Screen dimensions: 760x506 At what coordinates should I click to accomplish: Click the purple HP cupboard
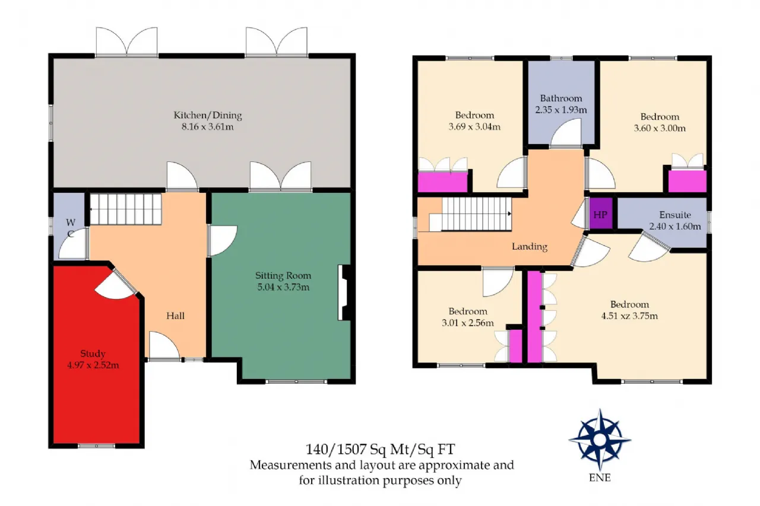(601, 214)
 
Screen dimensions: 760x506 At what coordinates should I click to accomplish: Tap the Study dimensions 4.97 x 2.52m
(93, 365)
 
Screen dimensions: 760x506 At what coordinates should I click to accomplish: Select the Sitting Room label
(283, 275)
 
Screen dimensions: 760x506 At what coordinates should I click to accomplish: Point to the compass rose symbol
(600, 440)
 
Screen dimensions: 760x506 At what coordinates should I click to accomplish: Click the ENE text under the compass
(600, 478)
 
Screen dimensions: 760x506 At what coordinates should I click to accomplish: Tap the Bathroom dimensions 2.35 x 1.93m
(561, 110)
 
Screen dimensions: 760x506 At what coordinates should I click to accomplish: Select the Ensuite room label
(675, 215)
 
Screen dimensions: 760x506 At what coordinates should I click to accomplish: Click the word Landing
(530, 246)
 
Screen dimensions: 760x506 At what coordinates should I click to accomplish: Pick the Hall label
(175, 316)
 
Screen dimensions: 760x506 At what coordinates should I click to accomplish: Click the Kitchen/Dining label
(208, 116)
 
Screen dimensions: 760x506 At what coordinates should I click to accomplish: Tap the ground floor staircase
(125, 209)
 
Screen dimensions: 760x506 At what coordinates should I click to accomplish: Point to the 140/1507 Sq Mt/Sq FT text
(380, 450)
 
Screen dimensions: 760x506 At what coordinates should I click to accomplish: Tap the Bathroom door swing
(566, 134)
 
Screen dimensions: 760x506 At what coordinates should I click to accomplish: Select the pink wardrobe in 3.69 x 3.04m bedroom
(443, 182)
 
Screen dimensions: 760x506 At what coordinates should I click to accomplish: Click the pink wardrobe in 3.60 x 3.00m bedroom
(688, 181)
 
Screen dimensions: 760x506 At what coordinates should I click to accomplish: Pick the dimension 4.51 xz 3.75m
(629, 316)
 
